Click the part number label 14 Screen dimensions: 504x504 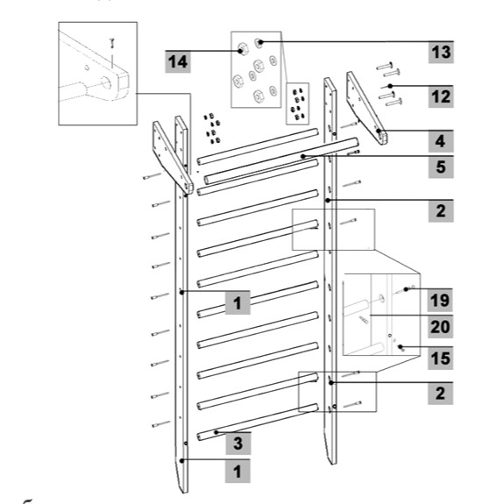click(x=178, y=61)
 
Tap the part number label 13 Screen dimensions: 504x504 click(x=441, y=52)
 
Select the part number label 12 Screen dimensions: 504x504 click(x=441, y=96)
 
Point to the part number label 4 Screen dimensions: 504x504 click(x=441, y=141)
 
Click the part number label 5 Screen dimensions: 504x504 click(x=441, y=167)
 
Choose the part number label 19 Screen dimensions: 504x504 click(x=440, y=301)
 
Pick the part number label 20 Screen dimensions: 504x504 click(x=440, y=327)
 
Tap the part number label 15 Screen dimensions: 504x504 click(x=440, y=358)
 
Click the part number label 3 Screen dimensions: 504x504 click(x=238, y=444)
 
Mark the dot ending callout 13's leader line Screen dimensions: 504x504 click(x=260, y=42)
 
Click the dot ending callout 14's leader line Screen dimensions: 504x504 click(x=240, y=51)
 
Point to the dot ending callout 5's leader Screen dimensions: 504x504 click(x=302, y=157)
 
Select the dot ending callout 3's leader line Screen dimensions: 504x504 click(x=217, y=432)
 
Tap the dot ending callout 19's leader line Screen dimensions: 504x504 click(x=406, y=289)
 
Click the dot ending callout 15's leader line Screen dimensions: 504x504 click(x=401, y=347)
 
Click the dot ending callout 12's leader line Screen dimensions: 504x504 click(x=390, y=86)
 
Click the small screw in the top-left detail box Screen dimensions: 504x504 click(x=112, y=43)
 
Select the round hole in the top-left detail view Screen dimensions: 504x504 click(x=106, y=83)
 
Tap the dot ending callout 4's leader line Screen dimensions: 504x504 click(x=379, y=131)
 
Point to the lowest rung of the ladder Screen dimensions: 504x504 click(x=258, y=422)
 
